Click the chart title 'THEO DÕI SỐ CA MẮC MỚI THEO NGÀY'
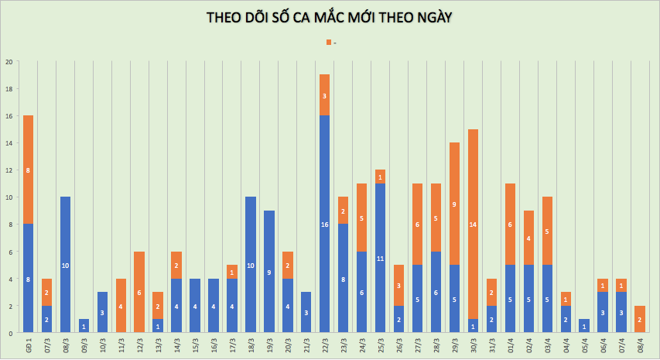pyautogui.click(x=329, y=18)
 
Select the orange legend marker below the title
pyautogui.click(x=328, y=42)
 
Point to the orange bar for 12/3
pyautogui.click(x=139, y=292)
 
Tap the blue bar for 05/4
pyautogui.click(x=584, y=326)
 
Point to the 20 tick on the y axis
pyautogui.click(x=9, y=62)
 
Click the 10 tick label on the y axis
pyautogui.click(x=9, y=197)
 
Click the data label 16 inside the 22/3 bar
pyautogui.click(x=325, y=225)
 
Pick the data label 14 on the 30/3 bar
pyautogui.click(x=473, y=225)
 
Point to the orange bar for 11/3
pyautogui.click(x=121, y=306)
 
